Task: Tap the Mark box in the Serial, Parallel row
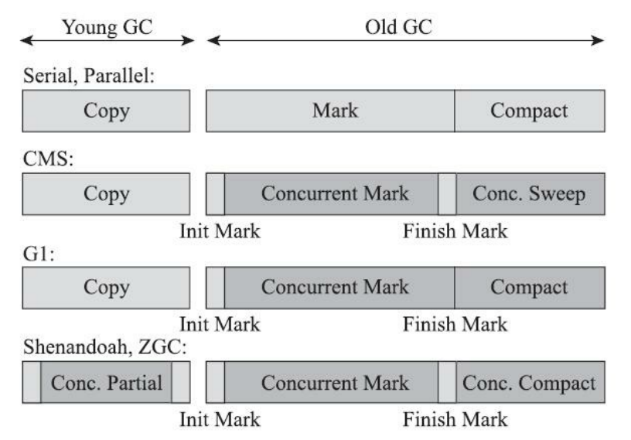[329, 111]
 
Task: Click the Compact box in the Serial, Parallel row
[529, 111]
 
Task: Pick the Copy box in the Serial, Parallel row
[106, 111]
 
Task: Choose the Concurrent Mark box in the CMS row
[332, 193]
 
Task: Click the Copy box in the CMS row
[106, 193]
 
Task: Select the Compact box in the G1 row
[529, 288]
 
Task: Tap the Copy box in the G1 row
[106, 288]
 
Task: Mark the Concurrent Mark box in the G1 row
[339, 288]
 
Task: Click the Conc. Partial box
[106, 383]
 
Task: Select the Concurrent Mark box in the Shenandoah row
[332, 383]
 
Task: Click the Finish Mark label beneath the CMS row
[455, 231]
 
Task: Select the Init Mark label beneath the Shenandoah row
[220, 420]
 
